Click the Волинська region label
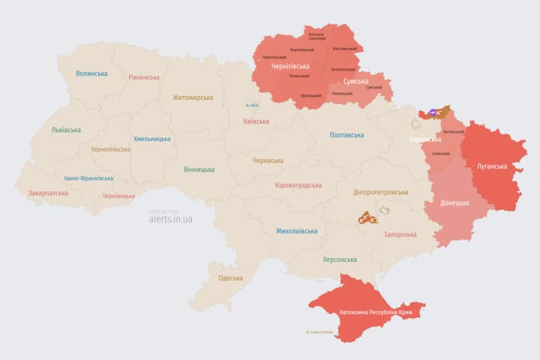coord(91,73)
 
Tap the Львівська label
coord(66,130)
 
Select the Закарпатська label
coord(48,193)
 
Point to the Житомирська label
coord(193,97)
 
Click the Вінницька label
coord(199,169)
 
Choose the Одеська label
coord(230,278)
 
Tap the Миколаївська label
coord(296,231)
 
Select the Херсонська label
coord(340,259)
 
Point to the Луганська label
coord(493,166)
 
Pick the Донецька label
coord(454,203)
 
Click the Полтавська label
coord(346,135)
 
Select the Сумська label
coord(355,81)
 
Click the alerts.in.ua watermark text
coord(170,219)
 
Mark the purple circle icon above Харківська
coord(434,112)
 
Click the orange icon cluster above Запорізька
coord(367,218)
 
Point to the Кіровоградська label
coord(298,185)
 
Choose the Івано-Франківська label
coord(88,178)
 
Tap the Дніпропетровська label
coord(381,193)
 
